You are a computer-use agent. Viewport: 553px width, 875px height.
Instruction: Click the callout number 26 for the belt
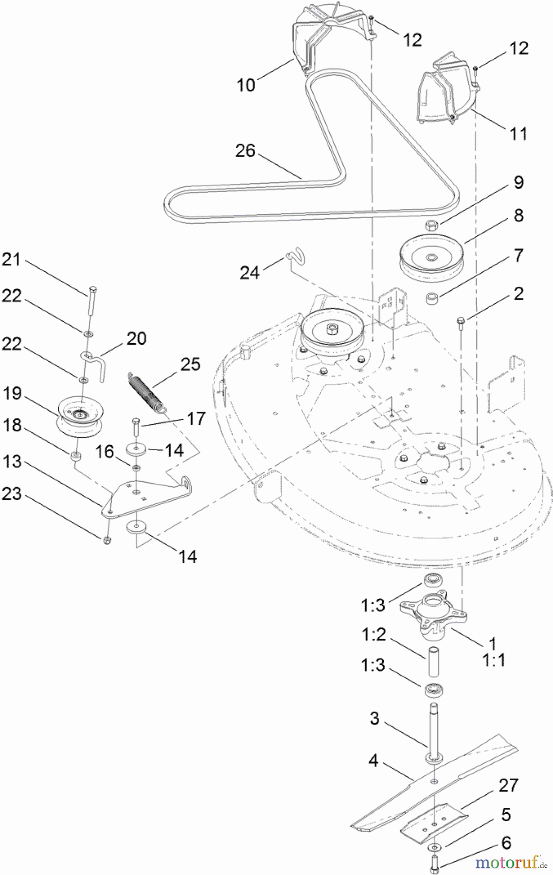pyautogui.click(x=245, y=151)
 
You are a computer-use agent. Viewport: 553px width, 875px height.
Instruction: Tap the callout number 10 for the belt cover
pyautogui.click(x=246, y=85)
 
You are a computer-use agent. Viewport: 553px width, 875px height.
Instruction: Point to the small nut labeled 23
pyautogui.click(x=107, y=541)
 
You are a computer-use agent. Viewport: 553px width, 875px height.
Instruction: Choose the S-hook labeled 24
pyautogui.click(x=296, y=255)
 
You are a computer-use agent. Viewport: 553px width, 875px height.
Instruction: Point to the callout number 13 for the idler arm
pyautogui.click(x=12, y=461)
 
